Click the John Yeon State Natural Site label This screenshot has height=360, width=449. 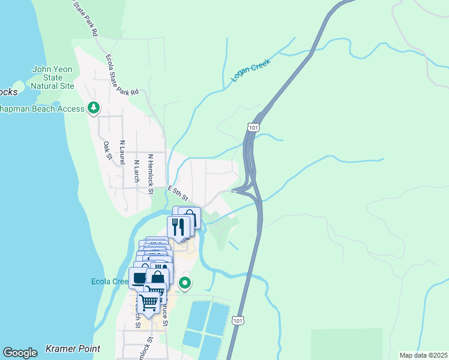click(x=52, y=77)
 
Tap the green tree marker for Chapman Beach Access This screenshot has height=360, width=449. click(x=93, y=108)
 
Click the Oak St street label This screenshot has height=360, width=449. click(x=107, y=151)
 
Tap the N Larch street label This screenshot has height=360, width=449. click(x=136, y=170)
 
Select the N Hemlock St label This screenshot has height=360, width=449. click(x=151, y=175)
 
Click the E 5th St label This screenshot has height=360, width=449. click(x=178, y=193)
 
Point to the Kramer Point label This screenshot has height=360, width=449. click(x=73, y=349)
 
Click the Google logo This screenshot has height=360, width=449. click(x=20, y=352)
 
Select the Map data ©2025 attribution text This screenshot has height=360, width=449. click(x=423, y=355)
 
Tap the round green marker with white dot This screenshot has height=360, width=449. click(x=185, y=283)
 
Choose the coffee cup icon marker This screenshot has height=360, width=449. click(x=139, y=277)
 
